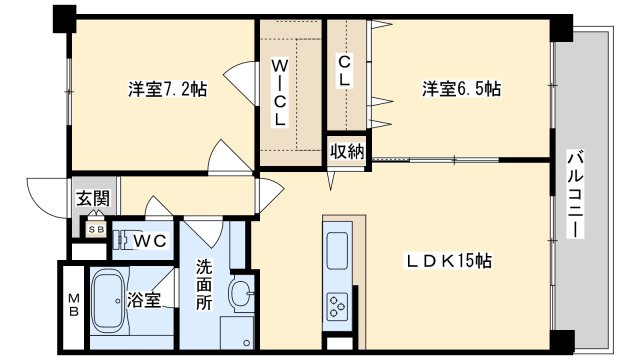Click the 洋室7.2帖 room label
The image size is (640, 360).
click(x=168, y=89)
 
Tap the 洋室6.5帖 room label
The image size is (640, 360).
click(x=461, y=89)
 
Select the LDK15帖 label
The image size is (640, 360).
click(x=449, y=261)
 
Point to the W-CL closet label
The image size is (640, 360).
click(x=280, y=92)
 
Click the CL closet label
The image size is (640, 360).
click(x=345, y=71)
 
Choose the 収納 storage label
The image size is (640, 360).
click(x=347, y=152)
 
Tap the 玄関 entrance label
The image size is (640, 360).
click(x=93, y=199)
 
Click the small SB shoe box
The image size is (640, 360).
click(x=97, y=229)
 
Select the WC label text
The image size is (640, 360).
click(x=150, y=241)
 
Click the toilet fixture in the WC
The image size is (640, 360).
click(x=121, y=241)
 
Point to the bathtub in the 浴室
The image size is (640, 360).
click(x=108, y=301)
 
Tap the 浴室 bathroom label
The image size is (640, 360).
click(x=144, y=300)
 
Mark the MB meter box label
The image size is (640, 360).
click(x=73, y=305)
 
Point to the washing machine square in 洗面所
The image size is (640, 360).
click(x=236, y=331)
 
